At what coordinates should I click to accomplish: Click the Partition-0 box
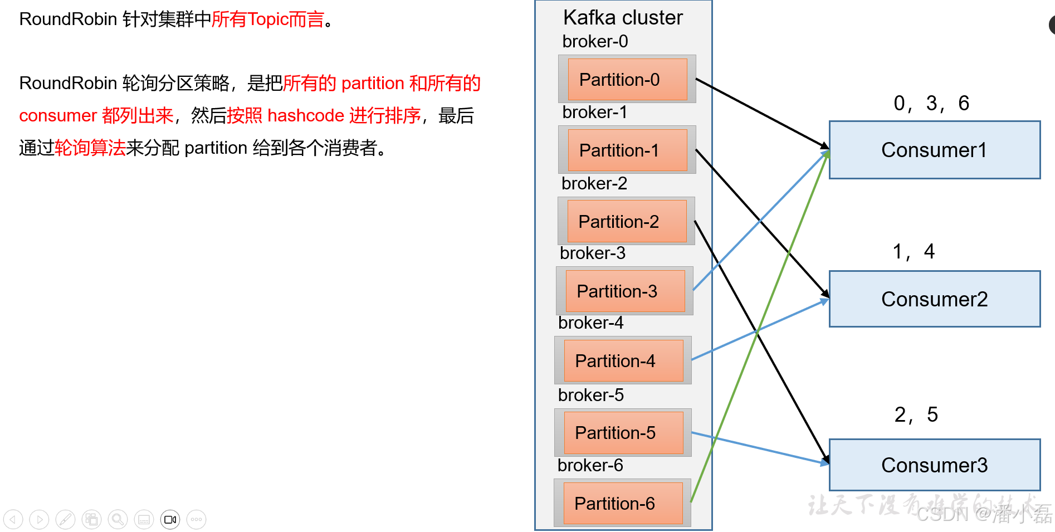(627, 80)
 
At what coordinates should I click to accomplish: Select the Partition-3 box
(625, 291)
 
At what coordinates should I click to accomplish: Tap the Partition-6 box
(623, 504)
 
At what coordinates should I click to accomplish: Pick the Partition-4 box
(623, 361)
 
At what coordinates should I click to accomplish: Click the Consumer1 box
(934, 150)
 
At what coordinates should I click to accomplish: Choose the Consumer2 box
(934, 299)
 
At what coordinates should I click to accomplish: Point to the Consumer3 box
(934, 465)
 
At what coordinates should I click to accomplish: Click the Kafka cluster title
(623, 18)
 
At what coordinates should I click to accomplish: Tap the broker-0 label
(595, 42)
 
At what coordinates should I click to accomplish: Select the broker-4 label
(590, 323)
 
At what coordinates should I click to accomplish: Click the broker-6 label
(590, 465)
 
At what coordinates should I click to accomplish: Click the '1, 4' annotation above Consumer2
(914, 252)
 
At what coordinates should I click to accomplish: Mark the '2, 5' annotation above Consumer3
(916, 415)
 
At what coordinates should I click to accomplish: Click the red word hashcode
(306, 116)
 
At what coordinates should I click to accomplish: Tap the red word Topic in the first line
(267, 19)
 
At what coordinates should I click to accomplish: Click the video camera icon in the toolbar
(170, 520)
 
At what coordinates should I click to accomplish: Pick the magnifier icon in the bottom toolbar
(118, 520)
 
